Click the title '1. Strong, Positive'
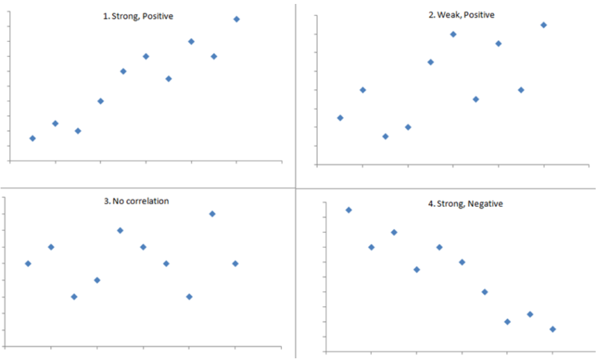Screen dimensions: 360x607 tap(138, 16)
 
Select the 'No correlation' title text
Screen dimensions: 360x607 tap(140, 201)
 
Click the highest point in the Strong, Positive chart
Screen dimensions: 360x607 tap(236, 19)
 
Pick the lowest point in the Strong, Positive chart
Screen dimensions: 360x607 tap(32, 138)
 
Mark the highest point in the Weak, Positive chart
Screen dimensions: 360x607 tap(544, 25)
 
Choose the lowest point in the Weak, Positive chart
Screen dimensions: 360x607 tap(385, 137)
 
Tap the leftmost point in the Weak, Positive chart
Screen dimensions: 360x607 tap(340, 118)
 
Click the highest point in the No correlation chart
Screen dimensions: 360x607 tap(212, 214)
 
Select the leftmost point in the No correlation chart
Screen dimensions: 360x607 tap(28, 264)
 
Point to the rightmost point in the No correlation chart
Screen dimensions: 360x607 tap(235, 264)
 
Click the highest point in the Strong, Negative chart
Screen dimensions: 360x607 tap(349, 210)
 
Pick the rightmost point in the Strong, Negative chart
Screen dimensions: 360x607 tap(553, 329)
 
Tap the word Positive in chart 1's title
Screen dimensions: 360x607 tap(158, 16)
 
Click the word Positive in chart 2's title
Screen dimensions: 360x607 tap(479, 15)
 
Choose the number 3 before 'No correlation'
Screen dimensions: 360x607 tap(107, 201)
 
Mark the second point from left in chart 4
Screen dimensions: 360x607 tap(371, 247)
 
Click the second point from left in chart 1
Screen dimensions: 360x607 tap(55, 124)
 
